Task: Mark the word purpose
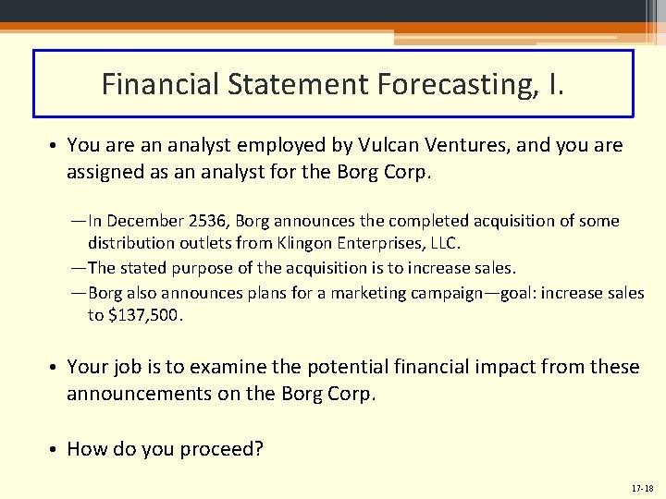pos(201,268)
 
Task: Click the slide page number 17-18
pos(641,487)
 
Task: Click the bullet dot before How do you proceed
pos(55,450)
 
